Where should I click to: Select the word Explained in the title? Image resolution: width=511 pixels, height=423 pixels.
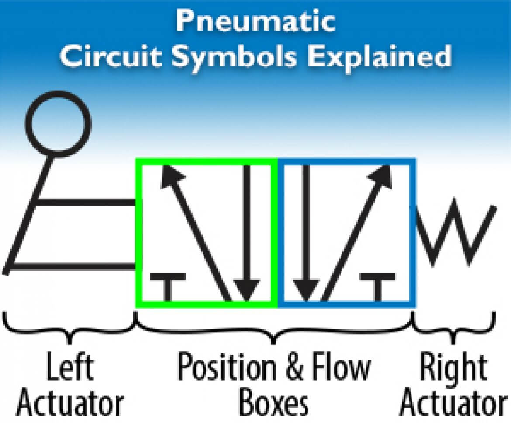pyautogui.click(x=380, y=56)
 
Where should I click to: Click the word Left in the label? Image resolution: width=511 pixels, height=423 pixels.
pyautogui.click(x=70, y=366)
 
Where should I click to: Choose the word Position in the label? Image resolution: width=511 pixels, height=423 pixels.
pyautogui.click(x=227, y=366)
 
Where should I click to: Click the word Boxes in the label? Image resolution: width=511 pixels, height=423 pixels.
pyautogui.click(x=274, y=402)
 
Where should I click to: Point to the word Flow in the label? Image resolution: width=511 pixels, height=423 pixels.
pyautogui.click(x=342, y=366)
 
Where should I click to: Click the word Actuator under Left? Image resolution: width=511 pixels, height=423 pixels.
pyautogui.click(x=70, y=402)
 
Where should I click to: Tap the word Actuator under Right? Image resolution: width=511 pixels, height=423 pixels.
pyautogui.click(x=453, y=402)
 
